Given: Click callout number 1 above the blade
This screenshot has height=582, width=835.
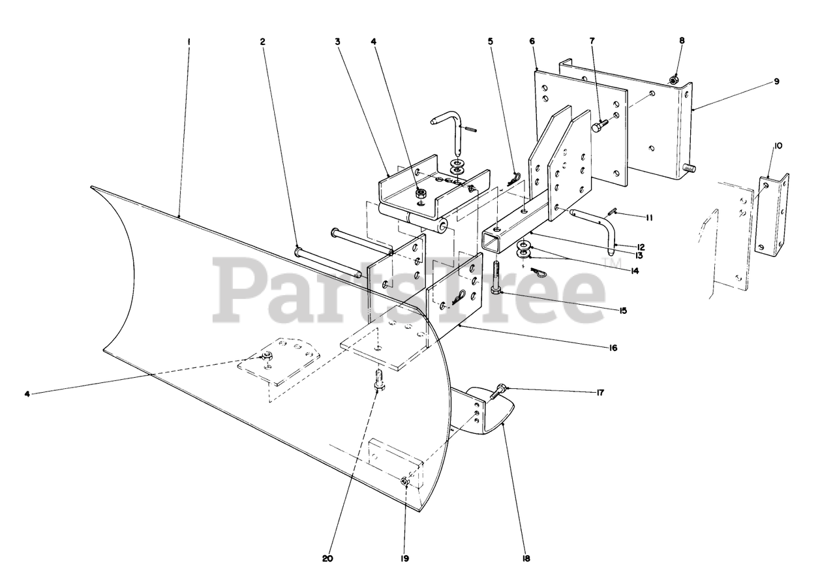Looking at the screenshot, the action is pyautogui.click(x=188, y=41).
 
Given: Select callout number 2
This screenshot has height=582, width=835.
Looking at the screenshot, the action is pyautogui.click(x=262, y=41).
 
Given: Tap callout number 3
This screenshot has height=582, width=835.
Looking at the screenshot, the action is pyautogui.click(x=338, y=41).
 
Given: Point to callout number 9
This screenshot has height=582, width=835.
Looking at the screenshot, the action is pyautogui.click(x=776, y=82).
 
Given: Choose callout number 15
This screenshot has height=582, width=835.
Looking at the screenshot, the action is pyautogui.click(x=623, y=311).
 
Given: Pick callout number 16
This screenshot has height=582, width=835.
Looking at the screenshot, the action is pyautogui.click(x=613, y=348).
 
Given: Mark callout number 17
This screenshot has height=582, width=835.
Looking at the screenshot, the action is pyautogui.click(x=600, y=393).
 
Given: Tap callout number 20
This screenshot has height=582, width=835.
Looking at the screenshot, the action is pyautogui.click(x=327, y=559).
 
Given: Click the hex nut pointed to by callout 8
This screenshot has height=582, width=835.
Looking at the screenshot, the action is pyautogui.click(x=675, y=80).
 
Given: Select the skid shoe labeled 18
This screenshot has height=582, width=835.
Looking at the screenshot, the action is pyautogui.click(x=493, y=411).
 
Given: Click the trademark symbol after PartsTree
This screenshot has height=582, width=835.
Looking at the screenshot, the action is pyautogui.click(x=612, y=264).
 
